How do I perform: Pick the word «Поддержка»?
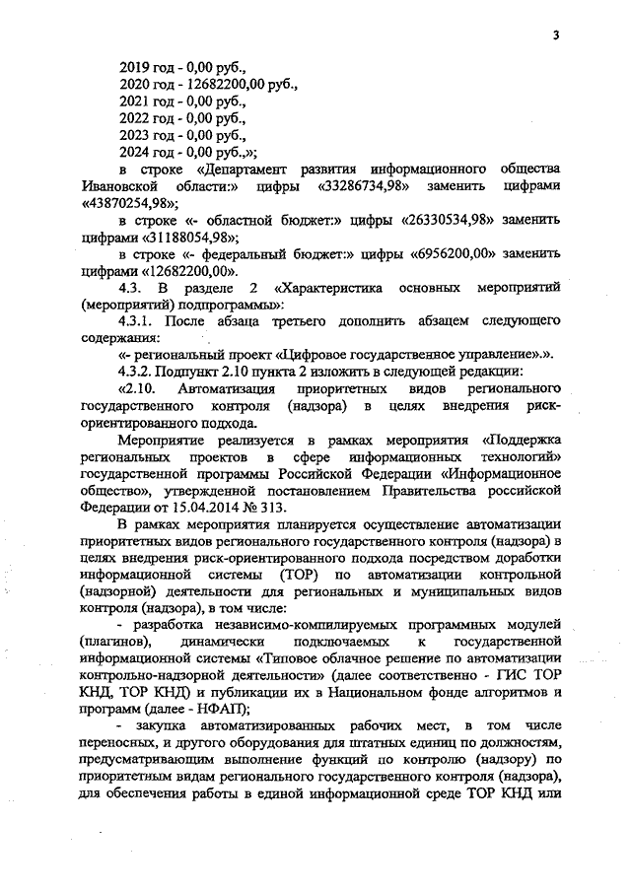coord(522,441)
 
